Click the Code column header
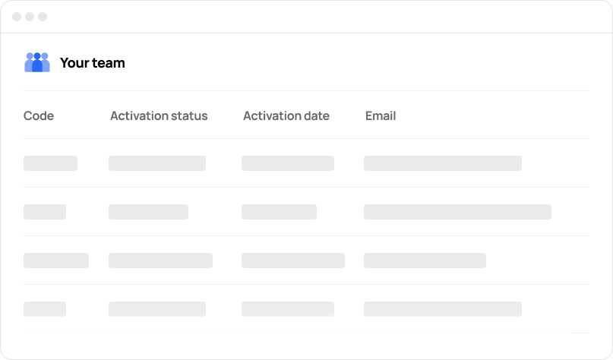39,116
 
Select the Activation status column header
159,116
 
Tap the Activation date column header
286,116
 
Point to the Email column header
381,116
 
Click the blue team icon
37,62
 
